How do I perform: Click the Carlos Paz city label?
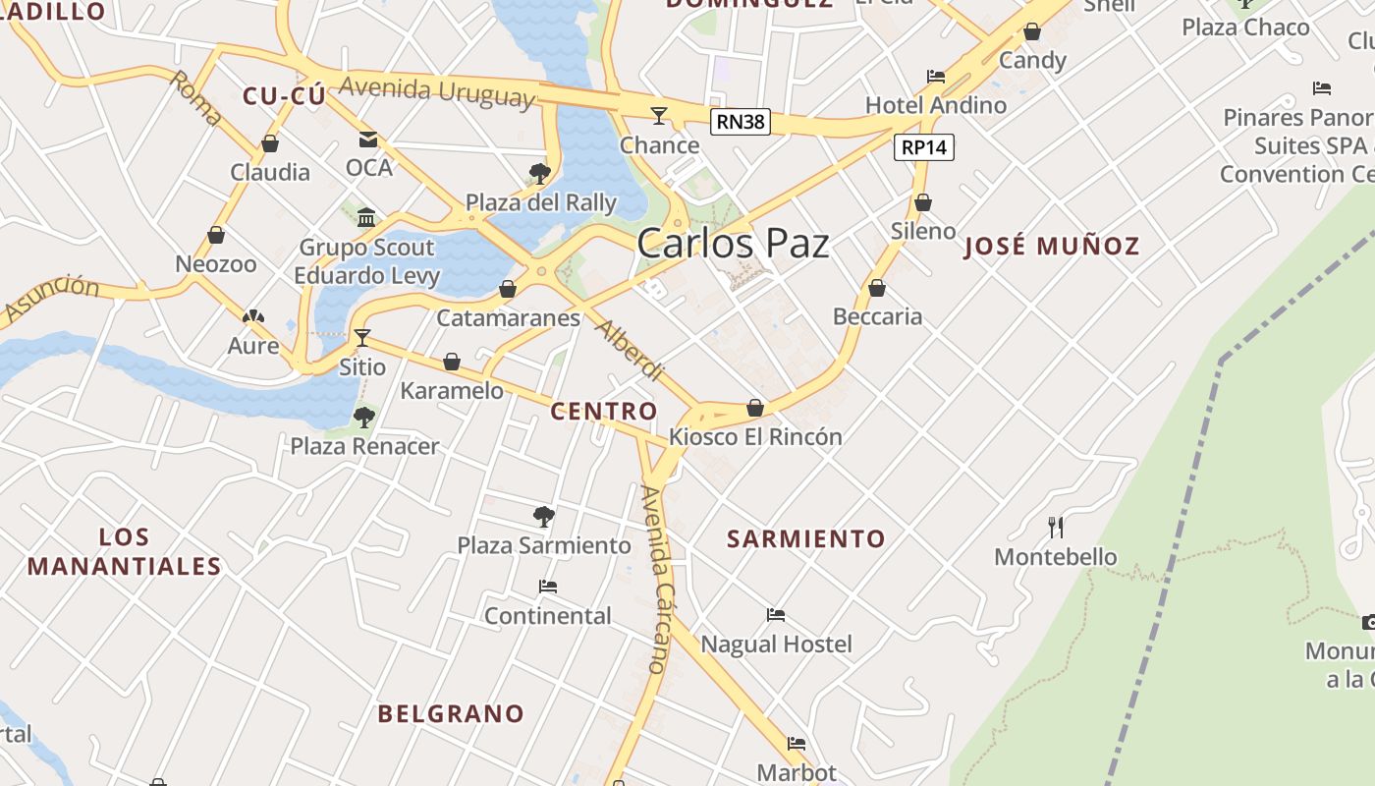tap(733, 244)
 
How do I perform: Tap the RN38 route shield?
tap(741, 122)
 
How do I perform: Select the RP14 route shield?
tap(924, 147)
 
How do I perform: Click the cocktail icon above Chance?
tap(659, 117)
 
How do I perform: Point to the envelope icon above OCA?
tap(368, 140)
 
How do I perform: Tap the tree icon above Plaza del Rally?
tap(539, 174)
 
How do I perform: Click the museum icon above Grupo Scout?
tap(366, 217)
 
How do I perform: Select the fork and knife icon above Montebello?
tap(1056, 528)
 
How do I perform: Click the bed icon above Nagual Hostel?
tap(776, 615)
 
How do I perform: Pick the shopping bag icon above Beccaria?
tap(877, 288)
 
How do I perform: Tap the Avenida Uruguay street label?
tap(437, 92)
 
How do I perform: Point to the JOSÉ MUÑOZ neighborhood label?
tap(1052, 246)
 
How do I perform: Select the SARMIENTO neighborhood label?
tap(806, 538)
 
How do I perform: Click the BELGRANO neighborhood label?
tap(451, 713)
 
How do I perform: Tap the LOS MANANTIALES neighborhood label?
tap(125, 551)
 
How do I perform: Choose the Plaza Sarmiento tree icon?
tap(543, 516)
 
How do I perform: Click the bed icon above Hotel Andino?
tap(936, 77)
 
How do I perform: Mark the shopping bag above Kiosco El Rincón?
tap(755, 408)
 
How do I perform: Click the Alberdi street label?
tap(630, 351)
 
